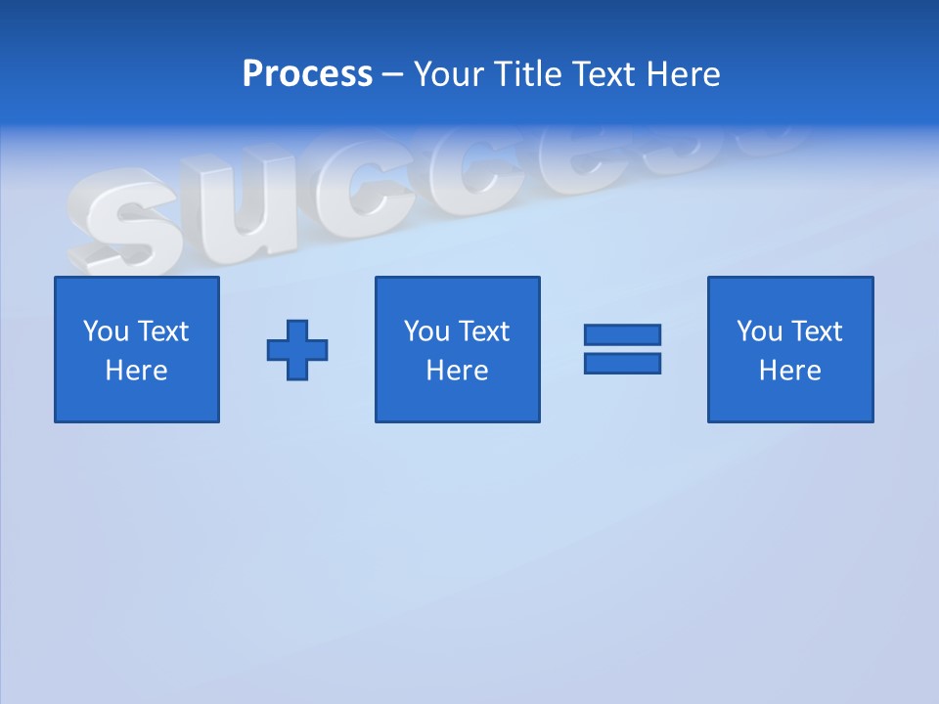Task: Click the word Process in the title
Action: coord(307,74)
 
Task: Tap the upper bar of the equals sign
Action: coord(622,334)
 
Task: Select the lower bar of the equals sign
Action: coord(622,363)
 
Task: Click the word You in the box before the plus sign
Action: coord(105,331)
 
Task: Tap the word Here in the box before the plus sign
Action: coord(137,371)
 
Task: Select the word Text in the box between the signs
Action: coord(483,331)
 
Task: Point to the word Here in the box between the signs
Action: coord(458,371)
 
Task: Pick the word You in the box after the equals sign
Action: coord(759,331)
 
